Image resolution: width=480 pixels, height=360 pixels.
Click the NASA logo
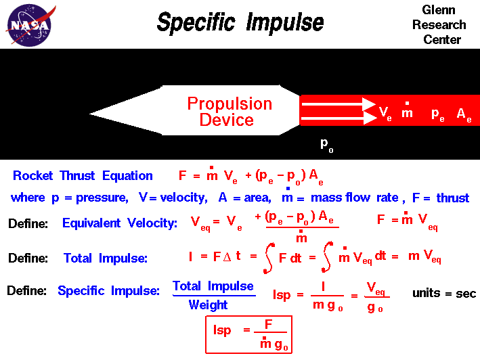tap(28, 25)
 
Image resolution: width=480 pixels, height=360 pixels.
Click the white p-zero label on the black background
tap(326, 143)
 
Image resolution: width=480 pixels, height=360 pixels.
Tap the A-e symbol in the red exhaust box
tap(464, 114)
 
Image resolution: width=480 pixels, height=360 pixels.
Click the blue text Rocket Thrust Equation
tap(83, 176)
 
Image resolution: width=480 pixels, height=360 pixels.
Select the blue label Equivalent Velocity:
tap(120, 223)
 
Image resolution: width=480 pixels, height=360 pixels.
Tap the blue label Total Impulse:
tap(105, 258)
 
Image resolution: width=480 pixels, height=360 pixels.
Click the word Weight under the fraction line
tap(208, 305)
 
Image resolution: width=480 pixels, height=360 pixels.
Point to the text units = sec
tap(443, 294)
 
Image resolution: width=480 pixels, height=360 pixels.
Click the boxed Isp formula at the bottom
tap(248, 334)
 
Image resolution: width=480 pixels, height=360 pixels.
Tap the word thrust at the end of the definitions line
tap(452, 198)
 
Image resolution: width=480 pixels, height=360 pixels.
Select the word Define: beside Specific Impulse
tap(27, 290)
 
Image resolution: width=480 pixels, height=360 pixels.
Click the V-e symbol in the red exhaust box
tap(385, 114)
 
